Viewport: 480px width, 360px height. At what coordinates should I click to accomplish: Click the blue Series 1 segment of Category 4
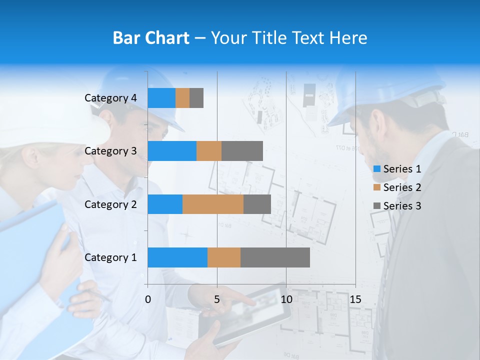pos(161,98)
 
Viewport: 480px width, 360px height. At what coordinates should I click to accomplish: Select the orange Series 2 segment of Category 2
pos(213,204)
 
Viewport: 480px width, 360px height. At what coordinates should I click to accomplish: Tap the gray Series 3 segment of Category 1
pos(275,257)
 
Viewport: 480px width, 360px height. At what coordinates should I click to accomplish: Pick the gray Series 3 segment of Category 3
pos(242,151)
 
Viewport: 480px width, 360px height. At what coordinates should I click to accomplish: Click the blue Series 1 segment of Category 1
pos(177,257)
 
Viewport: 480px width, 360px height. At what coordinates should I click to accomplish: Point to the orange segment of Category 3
pos(209,151)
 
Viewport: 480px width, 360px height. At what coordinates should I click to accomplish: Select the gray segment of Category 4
pos(196,98)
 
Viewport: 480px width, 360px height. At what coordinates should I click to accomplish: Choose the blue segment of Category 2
pos(165,204)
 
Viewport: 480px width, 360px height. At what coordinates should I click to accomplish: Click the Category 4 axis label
pos(110,98)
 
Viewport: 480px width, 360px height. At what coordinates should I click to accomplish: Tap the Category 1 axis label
pos(110,257)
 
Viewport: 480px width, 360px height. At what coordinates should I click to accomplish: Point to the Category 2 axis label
pos(110,204)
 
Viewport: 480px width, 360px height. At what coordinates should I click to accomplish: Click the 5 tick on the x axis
pos(217,299)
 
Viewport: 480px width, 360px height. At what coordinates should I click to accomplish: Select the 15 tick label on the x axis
pos(355,299)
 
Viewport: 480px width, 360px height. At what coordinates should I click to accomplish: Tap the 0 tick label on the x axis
pos(148,299)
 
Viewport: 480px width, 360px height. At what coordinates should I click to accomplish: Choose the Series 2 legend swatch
pos(376,187)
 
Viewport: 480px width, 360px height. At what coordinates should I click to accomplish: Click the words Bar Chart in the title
pos(151,38)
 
